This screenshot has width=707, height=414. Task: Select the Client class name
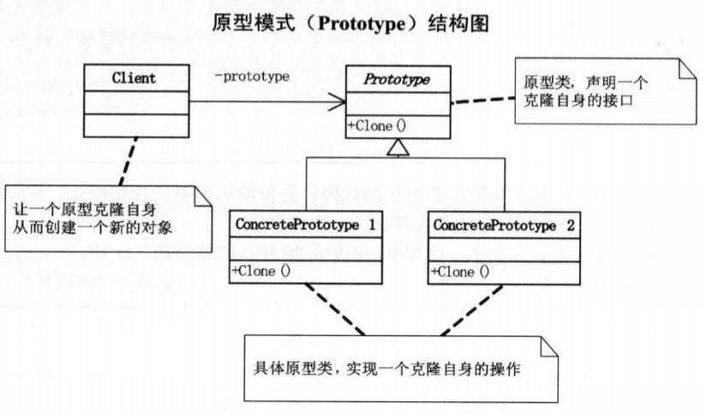135,79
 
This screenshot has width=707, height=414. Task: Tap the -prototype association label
251,75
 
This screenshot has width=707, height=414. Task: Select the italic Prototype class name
396,79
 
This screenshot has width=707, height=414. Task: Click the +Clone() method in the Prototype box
377,125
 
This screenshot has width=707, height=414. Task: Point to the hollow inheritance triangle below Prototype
396,148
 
